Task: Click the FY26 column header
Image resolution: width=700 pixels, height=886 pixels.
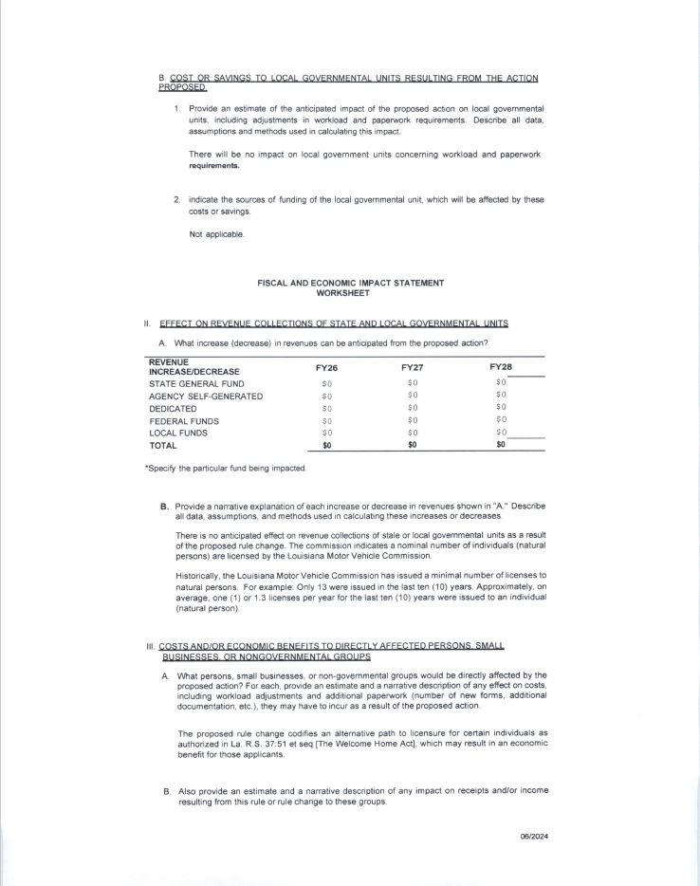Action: [x=326, y=366]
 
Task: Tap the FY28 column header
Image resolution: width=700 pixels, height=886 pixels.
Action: [x=501, y=366]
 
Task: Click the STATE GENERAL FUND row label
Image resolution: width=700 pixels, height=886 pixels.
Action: [x=198, y=383]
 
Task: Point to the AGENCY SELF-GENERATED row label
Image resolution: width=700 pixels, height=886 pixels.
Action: [x=206, y=396]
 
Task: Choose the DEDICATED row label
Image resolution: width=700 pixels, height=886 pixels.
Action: [x=174, y=409]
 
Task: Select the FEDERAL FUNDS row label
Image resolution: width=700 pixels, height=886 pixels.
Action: [x=184, y=421]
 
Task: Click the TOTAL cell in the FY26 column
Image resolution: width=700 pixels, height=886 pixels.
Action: [x=326, y=445]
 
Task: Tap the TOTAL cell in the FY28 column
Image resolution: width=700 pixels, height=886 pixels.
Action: [x=501, y=445]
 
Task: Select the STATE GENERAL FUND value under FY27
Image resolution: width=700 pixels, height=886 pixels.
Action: [x=413, y=383]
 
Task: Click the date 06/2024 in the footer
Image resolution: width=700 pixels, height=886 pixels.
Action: [x=535, y=836]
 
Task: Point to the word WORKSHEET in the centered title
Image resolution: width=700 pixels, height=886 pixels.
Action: [x=350, y=292]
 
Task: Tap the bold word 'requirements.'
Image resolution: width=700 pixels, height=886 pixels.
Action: [x=214, y=165]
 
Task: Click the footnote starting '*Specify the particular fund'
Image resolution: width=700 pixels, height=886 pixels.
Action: [x=226, y=469]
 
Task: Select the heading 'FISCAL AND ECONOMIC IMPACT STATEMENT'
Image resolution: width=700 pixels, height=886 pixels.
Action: [x=350, y=283]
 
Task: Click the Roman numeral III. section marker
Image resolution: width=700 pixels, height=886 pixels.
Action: [x=150, y=646]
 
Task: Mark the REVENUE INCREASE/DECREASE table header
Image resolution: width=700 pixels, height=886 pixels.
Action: [x=194, y=366]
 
